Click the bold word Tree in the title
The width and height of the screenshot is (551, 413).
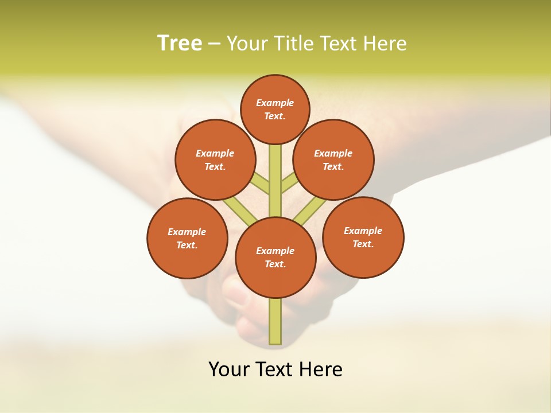click(x=180, y=44)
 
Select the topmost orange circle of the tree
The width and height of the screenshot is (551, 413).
click(x=275, y=109)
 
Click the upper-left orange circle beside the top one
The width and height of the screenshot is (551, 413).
click(x=215, y=159)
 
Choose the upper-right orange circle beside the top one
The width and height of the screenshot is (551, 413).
click(x=333, y=159)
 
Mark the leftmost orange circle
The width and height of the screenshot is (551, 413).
click(x=187, y=238)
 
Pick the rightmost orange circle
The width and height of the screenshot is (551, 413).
click(x=363, y=237)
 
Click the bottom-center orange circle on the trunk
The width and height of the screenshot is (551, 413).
click(x=275, y=258)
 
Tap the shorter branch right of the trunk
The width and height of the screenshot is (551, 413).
click(x=289, y=184)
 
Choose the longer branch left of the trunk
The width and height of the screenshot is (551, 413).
click(x=240, y=211)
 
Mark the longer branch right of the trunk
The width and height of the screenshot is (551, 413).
click(x=309, y=211)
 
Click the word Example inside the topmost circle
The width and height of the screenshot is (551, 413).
click(x=275, y=103)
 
